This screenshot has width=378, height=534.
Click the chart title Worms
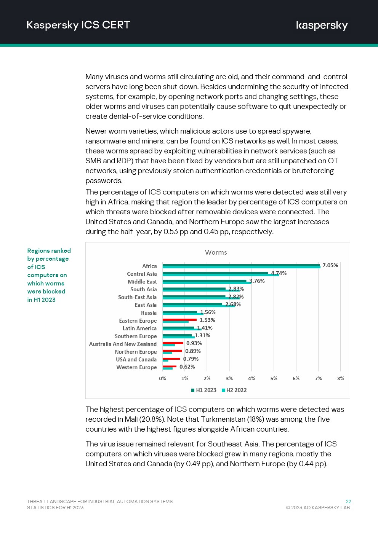(216, 252)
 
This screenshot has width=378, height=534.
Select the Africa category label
(149, 266)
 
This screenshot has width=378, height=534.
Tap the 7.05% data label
(330, 265)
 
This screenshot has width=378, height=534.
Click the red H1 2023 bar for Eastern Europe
(179, 320)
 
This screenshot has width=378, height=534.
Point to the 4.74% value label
(279, 273)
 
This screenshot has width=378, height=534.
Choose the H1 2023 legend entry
(203, 390)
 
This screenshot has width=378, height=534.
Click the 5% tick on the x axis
(274, 378)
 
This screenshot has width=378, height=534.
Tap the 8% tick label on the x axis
(341, 378)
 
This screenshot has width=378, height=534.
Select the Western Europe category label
(136, 367)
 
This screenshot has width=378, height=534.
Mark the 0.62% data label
(187, 367)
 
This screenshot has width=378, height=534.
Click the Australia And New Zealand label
(123, 344)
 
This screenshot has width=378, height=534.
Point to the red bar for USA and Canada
(171, 359)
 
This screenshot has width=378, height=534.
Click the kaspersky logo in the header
(322, 26)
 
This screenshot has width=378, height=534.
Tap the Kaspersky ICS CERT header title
(78, 25)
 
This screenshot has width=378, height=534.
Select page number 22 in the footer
(348, 502)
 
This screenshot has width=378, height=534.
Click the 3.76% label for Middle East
(257, 281)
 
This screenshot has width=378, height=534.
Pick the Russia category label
(149, 313)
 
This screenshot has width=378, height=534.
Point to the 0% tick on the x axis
(162, 378)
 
